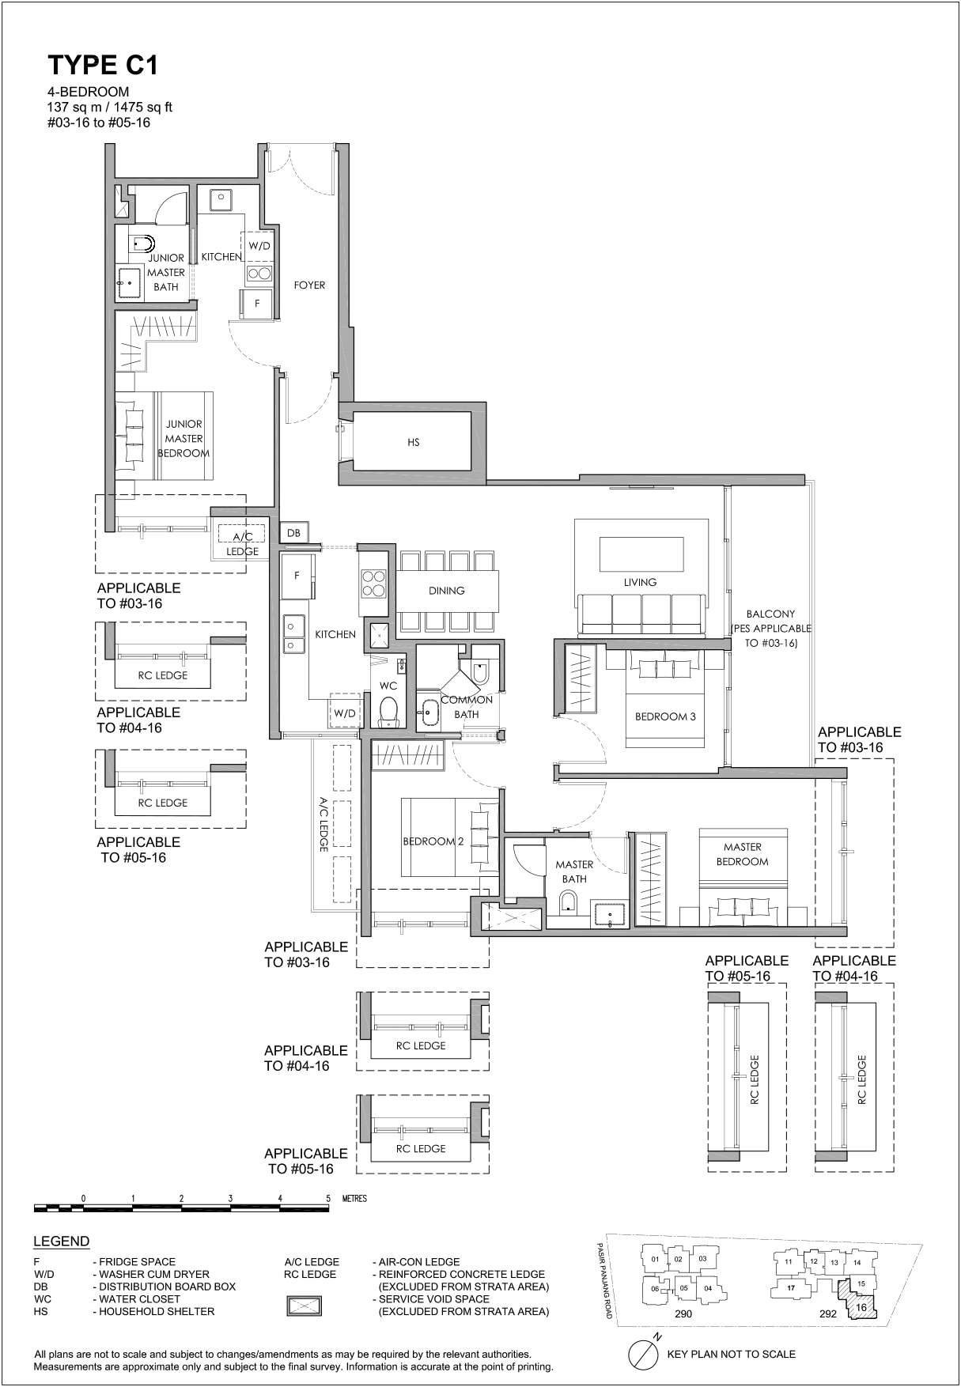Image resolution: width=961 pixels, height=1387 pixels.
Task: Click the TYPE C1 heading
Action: (x=103, y=65)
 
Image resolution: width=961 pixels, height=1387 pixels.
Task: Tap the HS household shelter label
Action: (x=414, y=443)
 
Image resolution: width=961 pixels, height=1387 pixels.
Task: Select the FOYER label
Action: (x=309, y=285)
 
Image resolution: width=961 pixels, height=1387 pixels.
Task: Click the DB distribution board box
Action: (x=293, y=533)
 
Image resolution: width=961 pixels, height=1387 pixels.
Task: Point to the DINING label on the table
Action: (x=447, y=591)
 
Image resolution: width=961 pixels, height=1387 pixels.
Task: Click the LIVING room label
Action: (x=640, y=582)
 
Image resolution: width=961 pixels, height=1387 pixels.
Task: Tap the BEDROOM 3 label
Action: (x=665, y=717)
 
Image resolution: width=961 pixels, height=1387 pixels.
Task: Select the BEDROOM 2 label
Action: (x=433, y=841)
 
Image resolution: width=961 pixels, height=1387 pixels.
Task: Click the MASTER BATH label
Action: (x=574, y=871)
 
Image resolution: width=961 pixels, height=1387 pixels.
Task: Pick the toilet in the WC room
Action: (x=388, y=712)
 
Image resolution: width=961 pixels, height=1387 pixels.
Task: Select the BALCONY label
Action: (x=770, y=629)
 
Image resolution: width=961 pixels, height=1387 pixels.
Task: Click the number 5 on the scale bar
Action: (x=327, y=1199)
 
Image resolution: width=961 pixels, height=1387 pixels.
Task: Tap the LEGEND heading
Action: (x=62, y=1241)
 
